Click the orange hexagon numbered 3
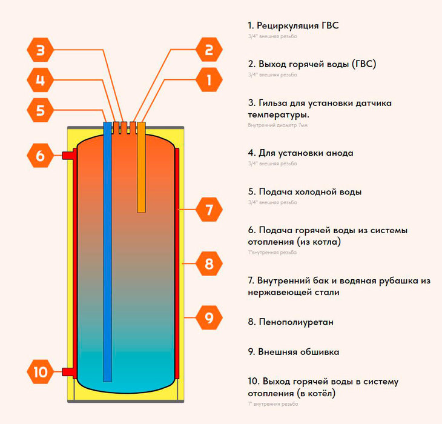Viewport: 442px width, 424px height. [40, 50]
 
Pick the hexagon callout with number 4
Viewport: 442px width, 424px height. [40, 80]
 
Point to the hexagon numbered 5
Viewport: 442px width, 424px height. [40, 110]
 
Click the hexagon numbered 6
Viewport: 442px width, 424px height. [40, 156]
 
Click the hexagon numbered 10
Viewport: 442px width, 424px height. [40, 371]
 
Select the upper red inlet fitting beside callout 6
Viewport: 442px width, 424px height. [69, 156]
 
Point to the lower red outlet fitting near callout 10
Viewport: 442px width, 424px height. [69, 371]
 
